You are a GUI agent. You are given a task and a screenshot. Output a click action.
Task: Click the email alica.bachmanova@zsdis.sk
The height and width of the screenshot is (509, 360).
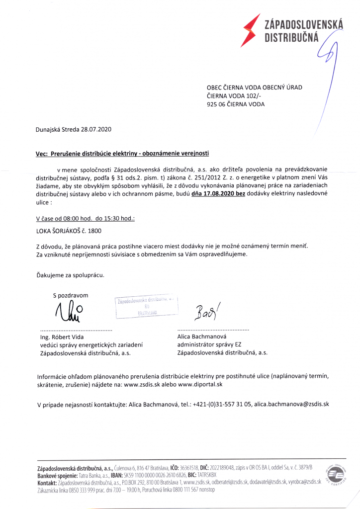pyautogui.click(x=291, y=404)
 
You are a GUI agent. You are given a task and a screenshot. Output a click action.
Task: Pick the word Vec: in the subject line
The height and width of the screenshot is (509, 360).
pyautogui.click(x=42, y=154)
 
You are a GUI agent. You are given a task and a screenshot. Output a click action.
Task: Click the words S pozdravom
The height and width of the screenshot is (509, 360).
pyautogui.click(x=71, y=295)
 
